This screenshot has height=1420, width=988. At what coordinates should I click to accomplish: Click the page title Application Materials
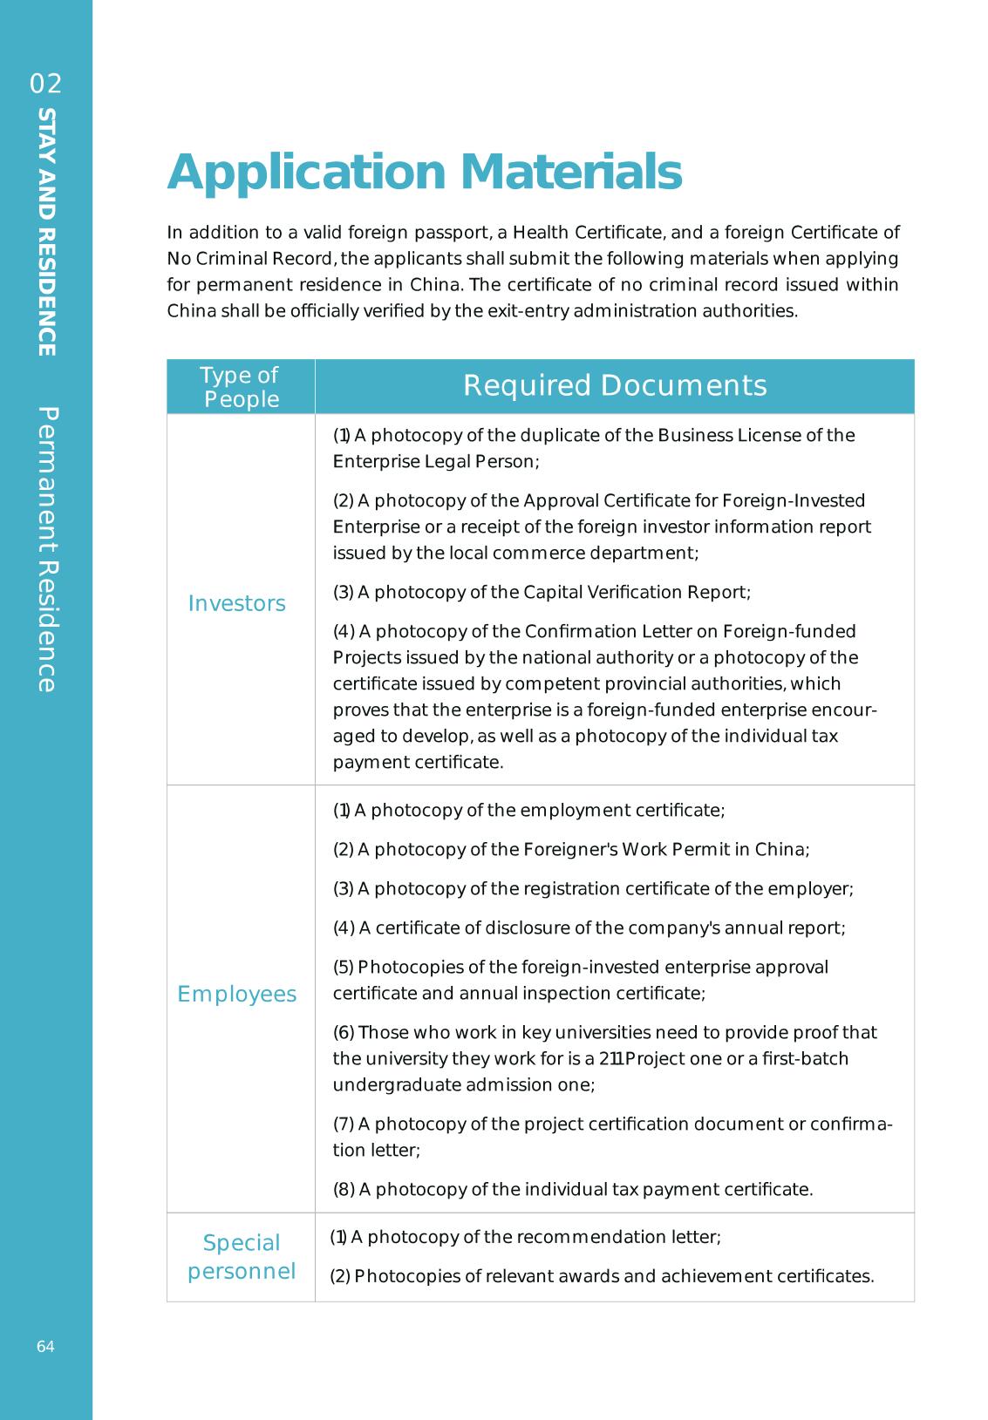click(x=424, y=172)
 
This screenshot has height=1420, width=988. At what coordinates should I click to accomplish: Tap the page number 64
click(x=45, y=1347)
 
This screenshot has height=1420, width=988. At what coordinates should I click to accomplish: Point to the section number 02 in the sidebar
click(x=46, y=84)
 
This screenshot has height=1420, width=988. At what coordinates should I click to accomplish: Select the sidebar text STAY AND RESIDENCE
click(x=47, y=232)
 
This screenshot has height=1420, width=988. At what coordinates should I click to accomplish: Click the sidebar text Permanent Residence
click(x=47, y=549)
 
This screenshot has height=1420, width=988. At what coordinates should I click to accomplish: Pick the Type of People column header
click(x=240, y=387)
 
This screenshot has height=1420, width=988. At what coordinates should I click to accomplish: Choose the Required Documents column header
click(x=615, y=385)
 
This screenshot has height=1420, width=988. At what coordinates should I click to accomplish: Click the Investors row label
click(x=236, y=603)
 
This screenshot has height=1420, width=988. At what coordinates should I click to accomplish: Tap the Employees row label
click(x=236, y=994)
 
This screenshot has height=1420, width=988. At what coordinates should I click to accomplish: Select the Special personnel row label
click(x=241, y=1256)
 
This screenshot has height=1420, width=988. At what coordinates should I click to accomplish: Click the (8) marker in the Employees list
click(x=344, y=1190)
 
